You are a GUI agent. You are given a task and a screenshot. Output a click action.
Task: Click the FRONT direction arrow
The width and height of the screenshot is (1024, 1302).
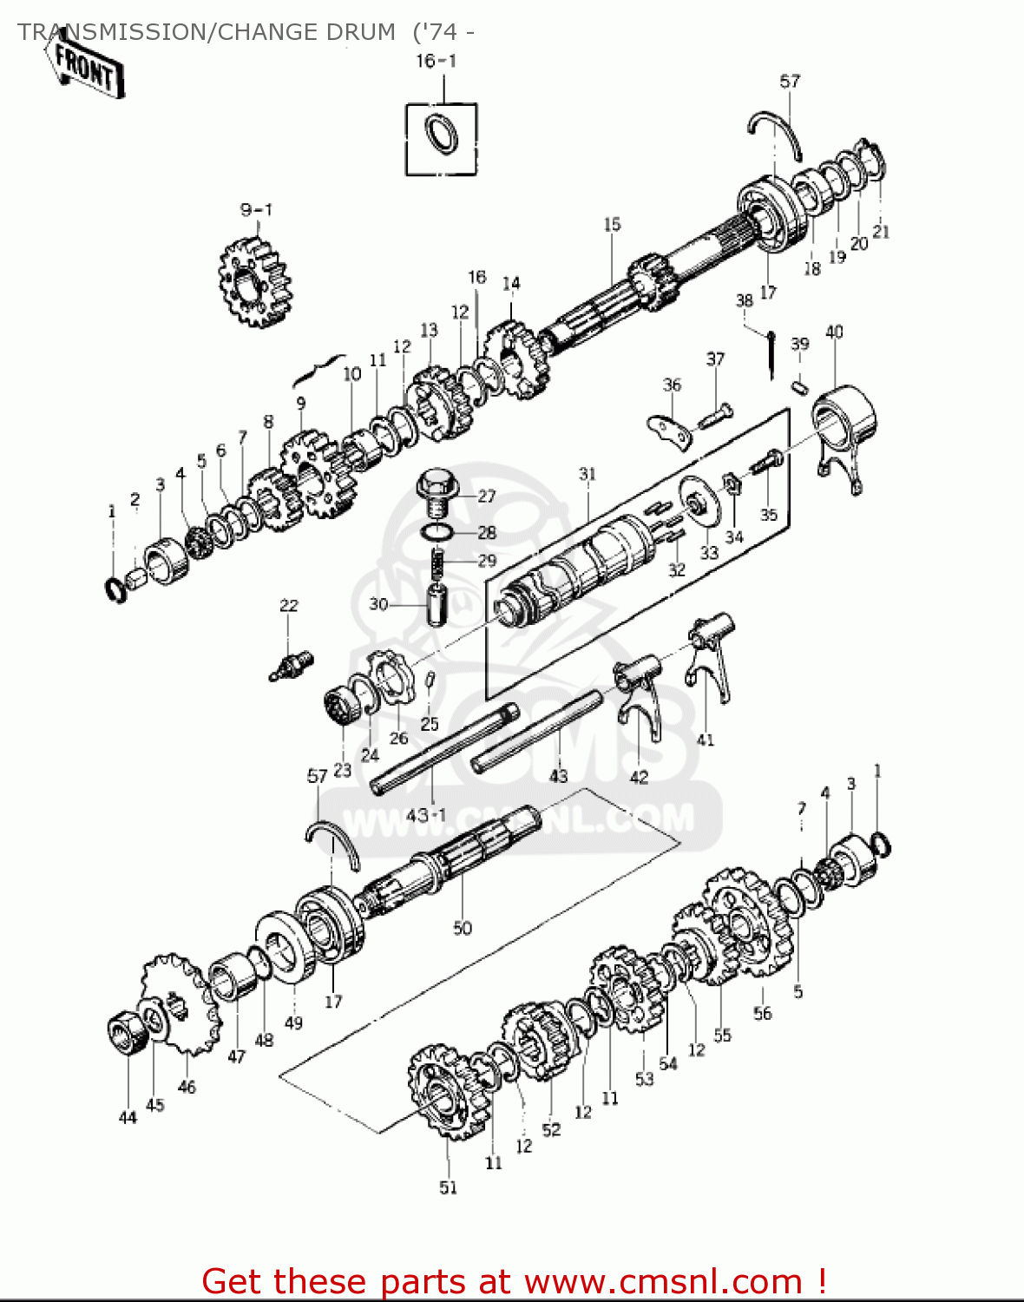click(85, 68)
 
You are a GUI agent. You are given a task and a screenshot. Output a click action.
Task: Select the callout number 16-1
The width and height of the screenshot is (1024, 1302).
click(436, 61)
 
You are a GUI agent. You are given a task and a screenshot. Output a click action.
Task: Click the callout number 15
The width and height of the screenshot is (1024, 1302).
click(612, 225)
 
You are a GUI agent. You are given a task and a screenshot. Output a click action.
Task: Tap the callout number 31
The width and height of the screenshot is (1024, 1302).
click(587, 474)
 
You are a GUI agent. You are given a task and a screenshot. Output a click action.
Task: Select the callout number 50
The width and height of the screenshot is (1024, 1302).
click(463, 928)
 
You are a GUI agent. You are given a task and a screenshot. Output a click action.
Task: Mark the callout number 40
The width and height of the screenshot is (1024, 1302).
click(834, 332)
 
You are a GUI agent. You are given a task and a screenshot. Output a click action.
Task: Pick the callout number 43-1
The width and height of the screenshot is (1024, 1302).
click(426, 815)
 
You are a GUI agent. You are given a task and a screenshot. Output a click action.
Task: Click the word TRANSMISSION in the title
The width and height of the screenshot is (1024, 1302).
click(108, 32)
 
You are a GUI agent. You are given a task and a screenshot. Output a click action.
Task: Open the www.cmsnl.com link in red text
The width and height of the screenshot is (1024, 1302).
click(663, 1281)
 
